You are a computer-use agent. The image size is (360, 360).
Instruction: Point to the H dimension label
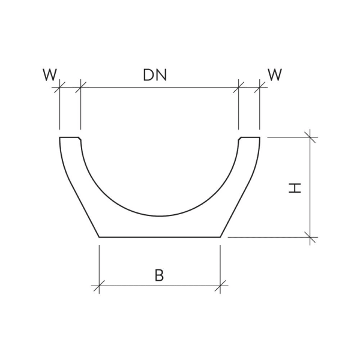point(295,188)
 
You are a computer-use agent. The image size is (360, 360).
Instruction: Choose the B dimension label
point(159,275)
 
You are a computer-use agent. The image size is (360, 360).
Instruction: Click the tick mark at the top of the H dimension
point(310,137)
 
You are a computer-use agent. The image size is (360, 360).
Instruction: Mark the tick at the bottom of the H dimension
point(310,237)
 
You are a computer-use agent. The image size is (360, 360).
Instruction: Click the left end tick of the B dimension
point(99,285)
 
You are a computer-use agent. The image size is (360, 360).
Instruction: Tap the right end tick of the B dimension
point(220,285)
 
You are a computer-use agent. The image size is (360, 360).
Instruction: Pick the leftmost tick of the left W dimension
point(59,88)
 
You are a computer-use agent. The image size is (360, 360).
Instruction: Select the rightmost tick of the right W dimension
point(259,88)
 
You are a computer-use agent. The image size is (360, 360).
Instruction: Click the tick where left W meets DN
point(80,88)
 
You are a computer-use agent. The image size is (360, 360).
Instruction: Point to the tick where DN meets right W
point(239,88)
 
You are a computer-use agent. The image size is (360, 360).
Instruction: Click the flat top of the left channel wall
point(69,138)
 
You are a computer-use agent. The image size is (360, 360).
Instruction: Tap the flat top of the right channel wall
point(250,138)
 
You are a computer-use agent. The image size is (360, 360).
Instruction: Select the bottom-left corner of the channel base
point(99,237)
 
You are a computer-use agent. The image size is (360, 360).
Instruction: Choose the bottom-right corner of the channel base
point(220,237)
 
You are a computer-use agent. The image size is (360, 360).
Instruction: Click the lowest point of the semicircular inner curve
point(160,217)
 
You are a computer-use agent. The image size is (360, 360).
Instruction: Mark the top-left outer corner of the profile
point(60,138)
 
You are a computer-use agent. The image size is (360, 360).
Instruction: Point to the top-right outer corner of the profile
point(259,138)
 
